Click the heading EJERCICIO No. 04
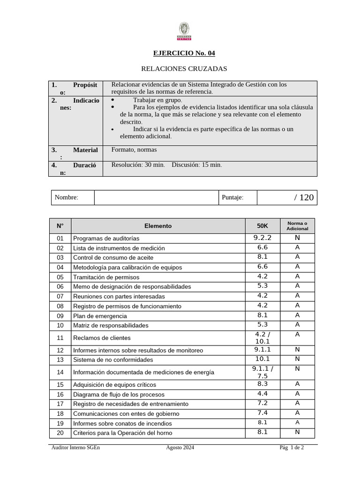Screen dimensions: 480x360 pos(184,53)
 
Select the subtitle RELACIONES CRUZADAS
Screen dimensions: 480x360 pos(184,69)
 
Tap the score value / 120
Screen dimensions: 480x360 pos(304,197)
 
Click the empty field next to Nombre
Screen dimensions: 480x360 pos(157,197)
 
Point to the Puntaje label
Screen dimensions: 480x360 pos(232,197)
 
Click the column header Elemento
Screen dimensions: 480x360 pos(158,226)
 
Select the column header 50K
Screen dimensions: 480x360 pos(262,226)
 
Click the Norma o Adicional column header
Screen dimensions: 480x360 pos(297,226)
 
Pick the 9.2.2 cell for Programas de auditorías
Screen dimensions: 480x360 pos(262,238)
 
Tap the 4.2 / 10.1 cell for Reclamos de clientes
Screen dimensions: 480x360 pos(262,337)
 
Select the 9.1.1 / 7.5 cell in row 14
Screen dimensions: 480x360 pos(262,372)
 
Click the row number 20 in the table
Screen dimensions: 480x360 pos(60,433)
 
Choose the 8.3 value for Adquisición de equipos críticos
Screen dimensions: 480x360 pos(262,384)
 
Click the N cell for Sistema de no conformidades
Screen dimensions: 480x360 pos(297,359)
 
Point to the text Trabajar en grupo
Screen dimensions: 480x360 pos(157,100)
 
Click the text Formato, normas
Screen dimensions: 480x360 pos(134,150)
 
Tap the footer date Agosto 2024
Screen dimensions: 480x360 pos(180,448)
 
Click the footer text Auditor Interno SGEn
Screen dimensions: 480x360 pos(75,448)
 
